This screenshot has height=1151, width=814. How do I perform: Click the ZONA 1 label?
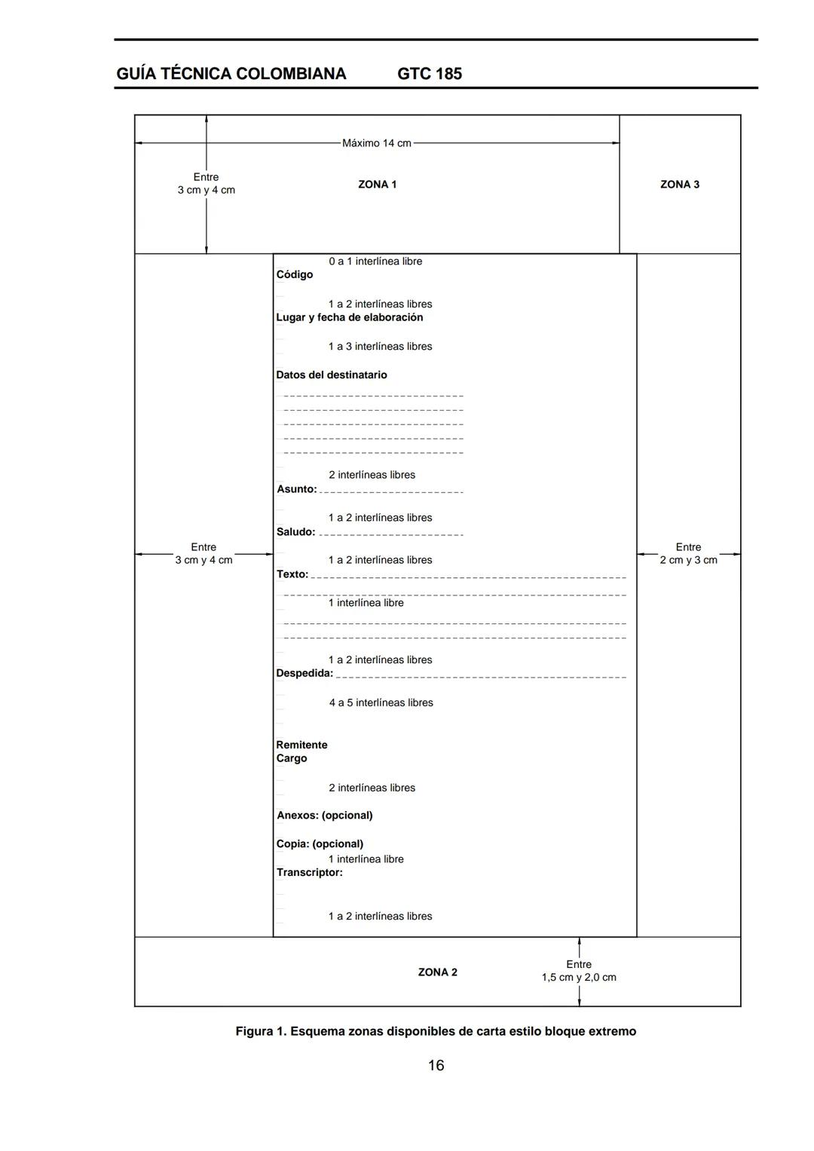point(377,185)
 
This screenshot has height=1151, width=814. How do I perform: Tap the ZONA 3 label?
point(679,185)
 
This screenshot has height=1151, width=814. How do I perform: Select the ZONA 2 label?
point(437,972)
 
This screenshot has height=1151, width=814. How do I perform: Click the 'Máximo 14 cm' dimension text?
point(376,143)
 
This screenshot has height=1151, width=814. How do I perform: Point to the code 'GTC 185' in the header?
point(429,74)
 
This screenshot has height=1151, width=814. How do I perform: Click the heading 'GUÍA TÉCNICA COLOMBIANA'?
point(231,74)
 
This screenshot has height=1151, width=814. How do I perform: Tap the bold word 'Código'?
point(294,274)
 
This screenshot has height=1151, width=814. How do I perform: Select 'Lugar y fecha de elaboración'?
point(349,317)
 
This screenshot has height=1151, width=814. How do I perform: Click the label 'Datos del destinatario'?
point(331,375)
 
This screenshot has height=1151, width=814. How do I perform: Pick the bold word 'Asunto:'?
point(296,489)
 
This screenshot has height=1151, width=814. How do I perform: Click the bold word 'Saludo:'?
point(295,532)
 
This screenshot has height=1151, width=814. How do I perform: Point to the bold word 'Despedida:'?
point(304,673)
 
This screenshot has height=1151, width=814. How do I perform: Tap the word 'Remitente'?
point(301,745)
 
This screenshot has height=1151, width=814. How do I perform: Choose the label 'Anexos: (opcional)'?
point(324,816)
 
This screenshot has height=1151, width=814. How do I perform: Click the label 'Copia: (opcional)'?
point(320,844)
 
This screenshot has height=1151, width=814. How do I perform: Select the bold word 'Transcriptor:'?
point(309,873)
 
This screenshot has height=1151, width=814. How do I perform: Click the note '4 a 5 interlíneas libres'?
point(381,703)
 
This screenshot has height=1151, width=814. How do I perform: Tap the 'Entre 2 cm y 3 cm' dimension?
point(688,554)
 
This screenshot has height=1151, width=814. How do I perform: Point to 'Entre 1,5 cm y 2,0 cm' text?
point(579,971)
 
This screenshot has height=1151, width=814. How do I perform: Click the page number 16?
point(436,1065)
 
